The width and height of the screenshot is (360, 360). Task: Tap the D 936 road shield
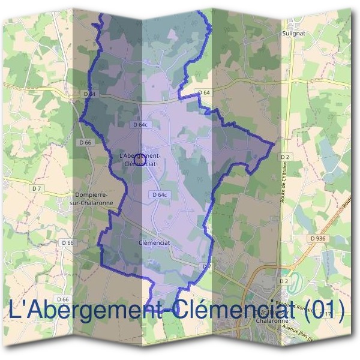point(318,238)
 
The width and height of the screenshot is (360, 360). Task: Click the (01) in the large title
point(322,310)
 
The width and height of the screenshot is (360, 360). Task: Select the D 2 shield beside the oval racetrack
point(284,281)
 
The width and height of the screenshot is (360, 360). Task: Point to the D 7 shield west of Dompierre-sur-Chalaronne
point(37,188)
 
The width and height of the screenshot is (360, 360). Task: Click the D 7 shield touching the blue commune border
point(206,265)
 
